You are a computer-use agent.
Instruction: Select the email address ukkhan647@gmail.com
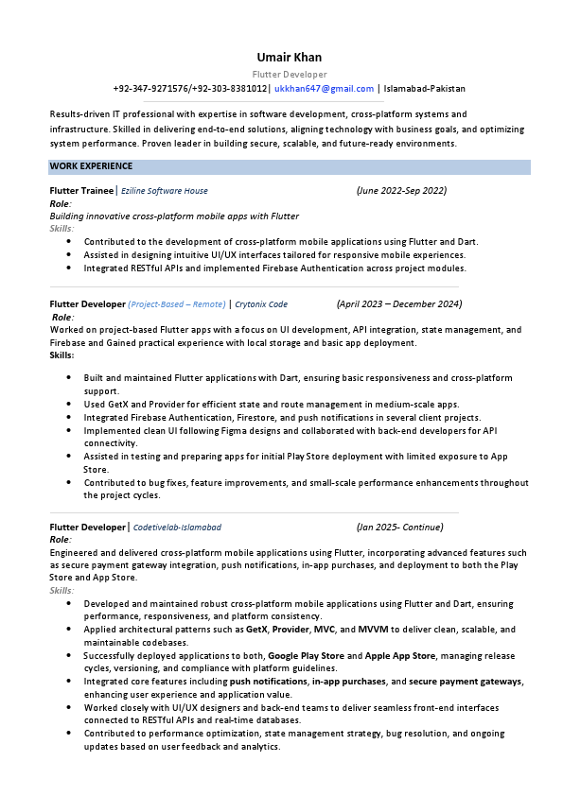tap(324, 89)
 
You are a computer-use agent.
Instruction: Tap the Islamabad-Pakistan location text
tap(425, 89)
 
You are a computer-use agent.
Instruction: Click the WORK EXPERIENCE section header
tap(91, 166)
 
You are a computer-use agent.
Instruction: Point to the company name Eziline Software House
tap(165, 191)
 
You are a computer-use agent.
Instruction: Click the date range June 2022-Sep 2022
tap(401, 191)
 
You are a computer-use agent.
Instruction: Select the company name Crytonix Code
tap(261, 304)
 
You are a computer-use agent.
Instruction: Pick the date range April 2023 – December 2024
tap(399, 304)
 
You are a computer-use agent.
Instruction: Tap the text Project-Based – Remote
tap(177, 304)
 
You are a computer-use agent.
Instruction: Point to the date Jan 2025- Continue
tap(399, 528)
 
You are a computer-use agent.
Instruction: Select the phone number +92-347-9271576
tap(150, 89)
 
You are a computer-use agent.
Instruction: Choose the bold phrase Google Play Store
tap(306, 655)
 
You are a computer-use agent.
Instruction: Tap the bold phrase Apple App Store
tap(400, 655)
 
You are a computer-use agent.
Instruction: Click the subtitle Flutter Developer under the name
tap(290, 74)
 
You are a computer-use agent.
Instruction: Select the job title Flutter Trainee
tap(81, 191)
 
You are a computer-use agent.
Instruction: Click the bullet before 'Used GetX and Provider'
tap(69, 404)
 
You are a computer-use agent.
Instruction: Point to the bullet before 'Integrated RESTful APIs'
tap(69, 268)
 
